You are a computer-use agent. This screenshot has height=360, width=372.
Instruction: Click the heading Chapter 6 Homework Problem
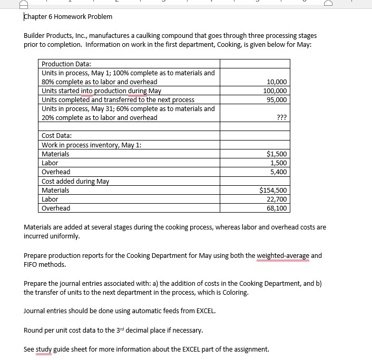[x=68, y=16]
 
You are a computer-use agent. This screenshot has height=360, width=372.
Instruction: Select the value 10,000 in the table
[x=277, y=82]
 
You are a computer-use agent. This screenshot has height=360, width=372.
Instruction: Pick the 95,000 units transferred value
[x=277, y=100]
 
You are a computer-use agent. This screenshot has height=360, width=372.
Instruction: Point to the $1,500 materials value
[x=277, y=154]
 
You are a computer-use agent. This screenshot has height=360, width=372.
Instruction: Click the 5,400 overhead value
[x=279, y=172]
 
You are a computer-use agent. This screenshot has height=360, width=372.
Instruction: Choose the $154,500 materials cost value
[x=273, y=191]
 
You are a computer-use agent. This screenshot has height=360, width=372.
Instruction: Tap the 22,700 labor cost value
[x=277, y=199]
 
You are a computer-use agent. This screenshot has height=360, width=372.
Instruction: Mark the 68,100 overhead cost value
[x=277, y=208]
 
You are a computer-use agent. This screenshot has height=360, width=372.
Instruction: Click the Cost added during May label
[x=75, y=182]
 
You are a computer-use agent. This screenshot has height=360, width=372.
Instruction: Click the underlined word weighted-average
[x=283, y=256]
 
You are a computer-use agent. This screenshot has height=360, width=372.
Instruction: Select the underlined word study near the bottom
[x=45, y=349]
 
